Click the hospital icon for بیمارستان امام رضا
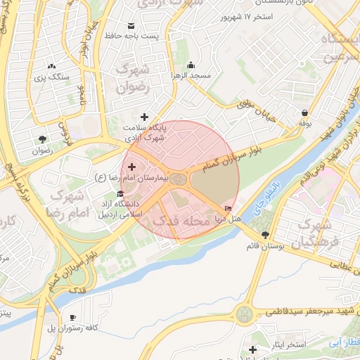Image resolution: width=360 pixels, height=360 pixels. pyautogui.click(x=131, y=166)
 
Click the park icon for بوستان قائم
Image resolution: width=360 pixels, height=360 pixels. pyautogui.click(x=264, y=235)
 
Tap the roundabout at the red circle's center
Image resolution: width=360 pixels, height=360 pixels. pyautogui.click(x=180, y=181)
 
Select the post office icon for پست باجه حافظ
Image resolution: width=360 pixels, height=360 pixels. pyautogui.click(x=131, y=26)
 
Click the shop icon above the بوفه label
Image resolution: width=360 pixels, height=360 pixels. pyautogui.click(x=304, y=112)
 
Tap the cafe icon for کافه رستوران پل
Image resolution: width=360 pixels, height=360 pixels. pyautogui.click(x=72, y=318)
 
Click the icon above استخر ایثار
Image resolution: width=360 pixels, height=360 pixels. pyautogui.click(x=253, y=349)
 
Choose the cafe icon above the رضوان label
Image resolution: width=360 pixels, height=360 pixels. pyautogui.click(x=41, y=139)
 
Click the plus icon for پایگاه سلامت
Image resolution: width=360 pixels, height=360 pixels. pyautogui.click(x=145, y=117)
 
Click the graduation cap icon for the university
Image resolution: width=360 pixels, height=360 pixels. pyautogui.click(x=120, y=195)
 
